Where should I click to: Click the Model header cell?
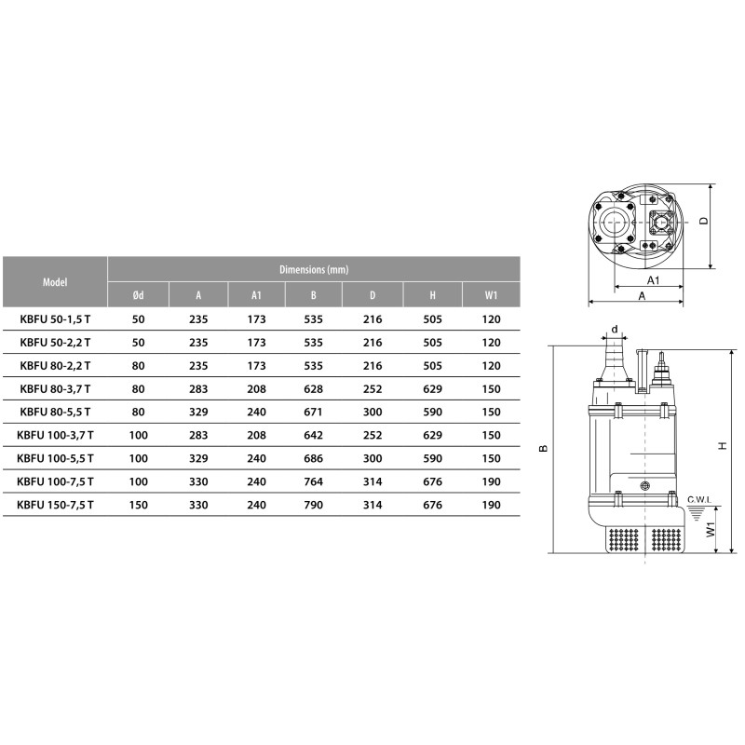coord(55,282)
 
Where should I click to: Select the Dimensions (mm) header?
coord(314,269)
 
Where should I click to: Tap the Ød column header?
coord(138,295)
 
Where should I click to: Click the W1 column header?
coord(492,295)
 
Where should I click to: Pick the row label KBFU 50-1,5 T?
coord(55,319)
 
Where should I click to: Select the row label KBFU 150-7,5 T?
coord(55,505)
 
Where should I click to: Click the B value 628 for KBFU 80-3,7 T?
coord(314,389)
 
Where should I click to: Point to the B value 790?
coord(314,505)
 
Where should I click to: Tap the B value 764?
coord(314,481)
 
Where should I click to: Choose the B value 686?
coord(314,458)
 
